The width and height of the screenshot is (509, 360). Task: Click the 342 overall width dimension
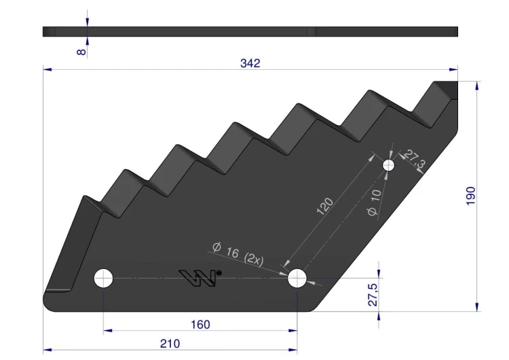point(250,63)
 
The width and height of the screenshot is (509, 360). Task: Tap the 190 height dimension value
point(470,196)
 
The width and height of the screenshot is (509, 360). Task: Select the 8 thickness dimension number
point(81,52)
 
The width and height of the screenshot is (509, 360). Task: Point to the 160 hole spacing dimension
point(200,324)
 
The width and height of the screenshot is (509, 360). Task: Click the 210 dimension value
point(170,344)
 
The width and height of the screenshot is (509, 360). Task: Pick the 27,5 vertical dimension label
point(373,295)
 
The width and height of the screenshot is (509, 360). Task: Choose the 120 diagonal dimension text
point(324,206)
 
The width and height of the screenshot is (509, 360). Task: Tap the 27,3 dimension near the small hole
point(415,158)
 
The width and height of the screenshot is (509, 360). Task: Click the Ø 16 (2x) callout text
point(238,253)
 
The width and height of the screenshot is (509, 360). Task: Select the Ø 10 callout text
point(374,202)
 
